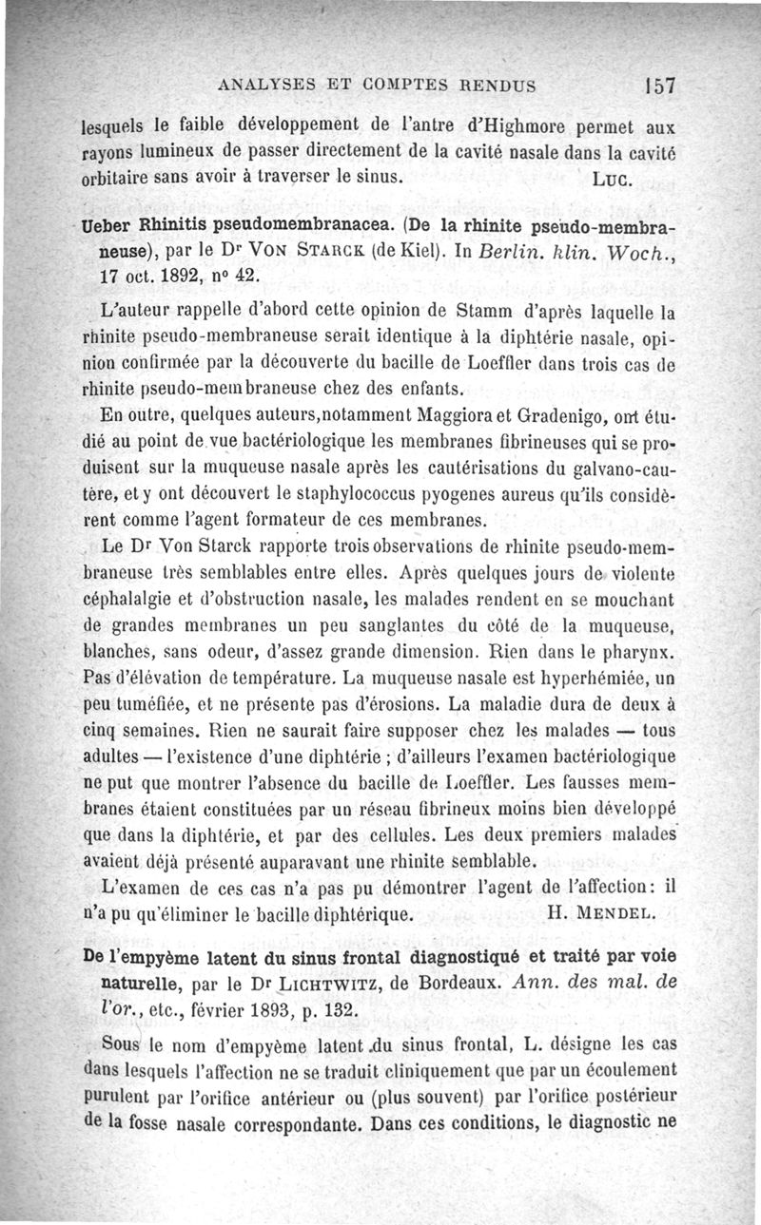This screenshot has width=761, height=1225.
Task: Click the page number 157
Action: click(x=658, y=85)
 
